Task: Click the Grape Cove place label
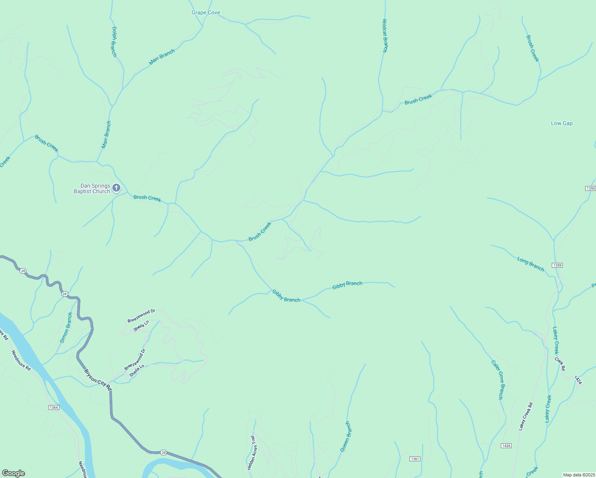(206, 13)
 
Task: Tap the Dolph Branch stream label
(114, 41)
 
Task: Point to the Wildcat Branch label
(385, 36)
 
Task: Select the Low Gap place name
(561, 123)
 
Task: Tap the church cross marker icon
(116, 188)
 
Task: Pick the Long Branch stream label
(530, 264)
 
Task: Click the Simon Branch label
(67, 328)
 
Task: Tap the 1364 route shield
(54, 407)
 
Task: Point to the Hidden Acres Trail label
(251, 453)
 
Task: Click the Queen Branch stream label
(345, 437)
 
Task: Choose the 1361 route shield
(415, 459)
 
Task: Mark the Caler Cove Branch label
(497, 380)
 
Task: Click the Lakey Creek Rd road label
(525, 417)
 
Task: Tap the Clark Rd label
(560, 363)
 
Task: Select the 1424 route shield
(578, 380)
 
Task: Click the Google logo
(13, 473)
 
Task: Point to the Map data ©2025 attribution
(578, 475)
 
